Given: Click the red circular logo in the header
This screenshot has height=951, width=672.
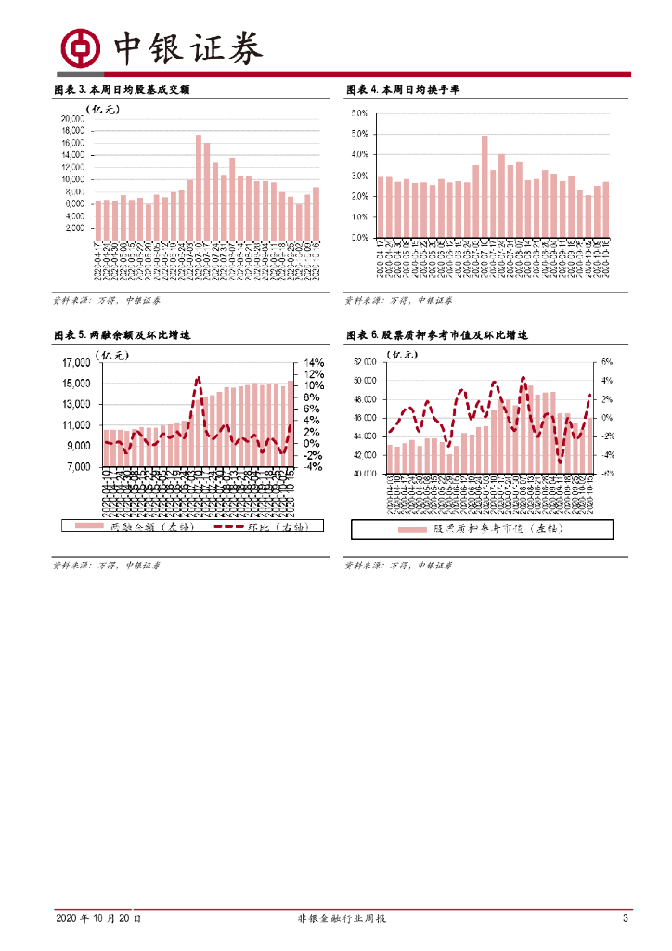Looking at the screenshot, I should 80,47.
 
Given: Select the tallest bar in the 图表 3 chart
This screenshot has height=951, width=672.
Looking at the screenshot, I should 199,186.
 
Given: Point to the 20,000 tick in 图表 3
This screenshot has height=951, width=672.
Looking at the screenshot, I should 72,119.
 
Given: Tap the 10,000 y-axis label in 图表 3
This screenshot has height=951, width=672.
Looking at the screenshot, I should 72,179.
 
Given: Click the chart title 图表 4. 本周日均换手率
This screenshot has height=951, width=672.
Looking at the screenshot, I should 403,90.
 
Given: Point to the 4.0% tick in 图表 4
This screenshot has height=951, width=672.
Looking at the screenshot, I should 359,154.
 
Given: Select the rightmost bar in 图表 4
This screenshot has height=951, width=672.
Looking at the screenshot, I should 606,209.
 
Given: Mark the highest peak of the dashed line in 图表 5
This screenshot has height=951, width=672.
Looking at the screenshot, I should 198,377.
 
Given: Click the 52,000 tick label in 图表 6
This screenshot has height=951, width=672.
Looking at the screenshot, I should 364,362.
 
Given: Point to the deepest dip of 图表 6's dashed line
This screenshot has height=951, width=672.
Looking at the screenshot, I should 560,462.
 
